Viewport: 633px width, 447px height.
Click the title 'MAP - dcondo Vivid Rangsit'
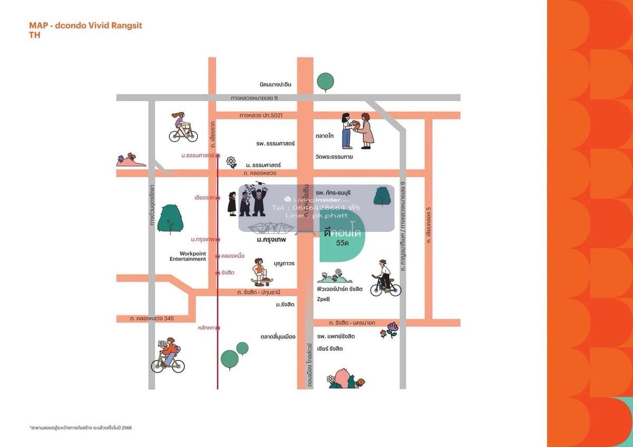[x=85, y=25]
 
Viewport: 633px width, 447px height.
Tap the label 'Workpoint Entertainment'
[x=188, y=256]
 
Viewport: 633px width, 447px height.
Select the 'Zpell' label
[x=323, y=299]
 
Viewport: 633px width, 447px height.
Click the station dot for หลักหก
[x=217, y=328]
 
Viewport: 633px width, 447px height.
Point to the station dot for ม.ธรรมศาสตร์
[x=217, y=156]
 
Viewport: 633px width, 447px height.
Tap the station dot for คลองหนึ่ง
[x=217, y=256]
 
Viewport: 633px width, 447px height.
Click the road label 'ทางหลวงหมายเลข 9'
[x=254, y=98]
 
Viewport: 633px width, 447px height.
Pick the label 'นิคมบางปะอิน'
[x=275, y=85]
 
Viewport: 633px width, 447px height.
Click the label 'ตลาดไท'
[x=324, y=135]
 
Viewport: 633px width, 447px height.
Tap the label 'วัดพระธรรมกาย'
[x=334, y=157]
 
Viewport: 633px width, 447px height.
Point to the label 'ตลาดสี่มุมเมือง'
[x=278, y=336]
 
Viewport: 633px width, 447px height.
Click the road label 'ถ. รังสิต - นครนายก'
[x=352, y=323]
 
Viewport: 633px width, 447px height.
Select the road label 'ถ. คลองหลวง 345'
[x=152, y=318]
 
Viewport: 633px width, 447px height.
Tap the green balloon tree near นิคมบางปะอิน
[x=325, y=82]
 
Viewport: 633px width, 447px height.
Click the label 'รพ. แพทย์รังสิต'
[x=335, y=336]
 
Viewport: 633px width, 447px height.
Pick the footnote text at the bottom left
[x=81, y=427]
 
